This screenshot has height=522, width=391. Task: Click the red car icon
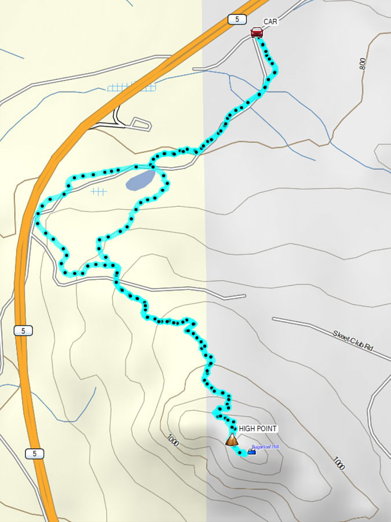tap(257, 32)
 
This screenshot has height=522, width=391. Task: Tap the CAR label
tap(271, 22)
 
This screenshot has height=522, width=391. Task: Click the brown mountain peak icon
tap(232, 439)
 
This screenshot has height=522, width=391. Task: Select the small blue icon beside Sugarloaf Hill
tap(251, 452)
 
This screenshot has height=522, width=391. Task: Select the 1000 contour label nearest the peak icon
tap(172, 440)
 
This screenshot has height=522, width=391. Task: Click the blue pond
tap(140, 180)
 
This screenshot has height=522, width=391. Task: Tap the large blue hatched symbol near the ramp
tap(131, 87)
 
